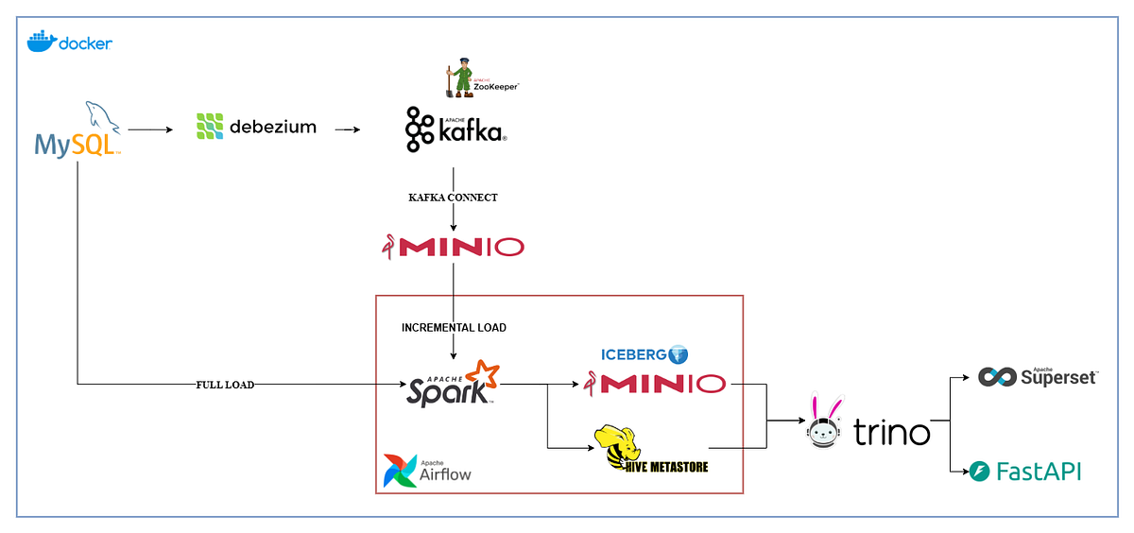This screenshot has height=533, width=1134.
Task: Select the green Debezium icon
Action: pos(209,127)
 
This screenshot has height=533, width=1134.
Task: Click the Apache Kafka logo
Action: pos(456,130)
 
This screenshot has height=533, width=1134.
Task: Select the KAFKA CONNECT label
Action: pos(453,198)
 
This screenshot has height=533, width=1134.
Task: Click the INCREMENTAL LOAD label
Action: pos(454,328)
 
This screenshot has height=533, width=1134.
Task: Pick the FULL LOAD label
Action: pos(224,385)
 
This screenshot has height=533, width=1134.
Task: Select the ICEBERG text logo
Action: pos(634,355)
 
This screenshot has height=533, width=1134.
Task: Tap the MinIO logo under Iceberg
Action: pos(654,384)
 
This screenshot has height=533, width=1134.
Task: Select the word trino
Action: pos(891,433)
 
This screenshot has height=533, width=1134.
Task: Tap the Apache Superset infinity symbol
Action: pos(996,377)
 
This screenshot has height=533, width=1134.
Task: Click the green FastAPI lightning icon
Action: pos(980,471)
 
